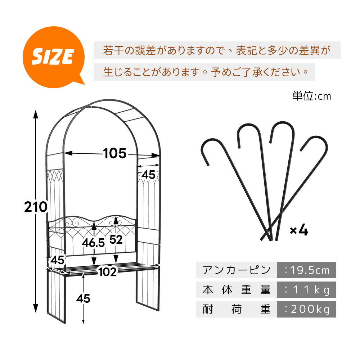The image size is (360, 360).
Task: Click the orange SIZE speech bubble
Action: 54,57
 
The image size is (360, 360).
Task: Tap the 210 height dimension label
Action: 36,207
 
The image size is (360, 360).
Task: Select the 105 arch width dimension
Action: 114,153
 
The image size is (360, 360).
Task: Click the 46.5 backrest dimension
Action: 93,243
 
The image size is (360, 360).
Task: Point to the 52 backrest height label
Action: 116,240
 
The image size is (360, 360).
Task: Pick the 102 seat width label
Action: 107,272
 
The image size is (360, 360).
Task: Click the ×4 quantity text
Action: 299,230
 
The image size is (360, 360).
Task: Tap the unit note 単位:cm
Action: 311,96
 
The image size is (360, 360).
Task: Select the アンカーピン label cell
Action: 237,270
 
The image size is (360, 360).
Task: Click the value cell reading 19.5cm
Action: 306,270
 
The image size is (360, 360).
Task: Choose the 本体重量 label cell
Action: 237,289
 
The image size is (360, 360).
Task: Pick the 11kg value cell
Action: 306,289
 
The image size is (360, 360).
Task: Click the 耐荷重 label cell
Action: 237,309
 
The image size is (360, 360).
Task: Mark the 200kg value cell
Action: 306,309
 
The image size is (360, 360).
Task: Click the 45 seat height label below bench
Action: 83,298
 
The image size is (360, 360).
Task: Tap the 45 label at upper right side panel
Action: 148,175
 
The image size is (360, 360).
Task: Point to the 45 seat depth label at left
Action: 57,260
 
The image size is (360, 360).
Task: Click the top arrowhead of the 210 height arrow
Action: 36,114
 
